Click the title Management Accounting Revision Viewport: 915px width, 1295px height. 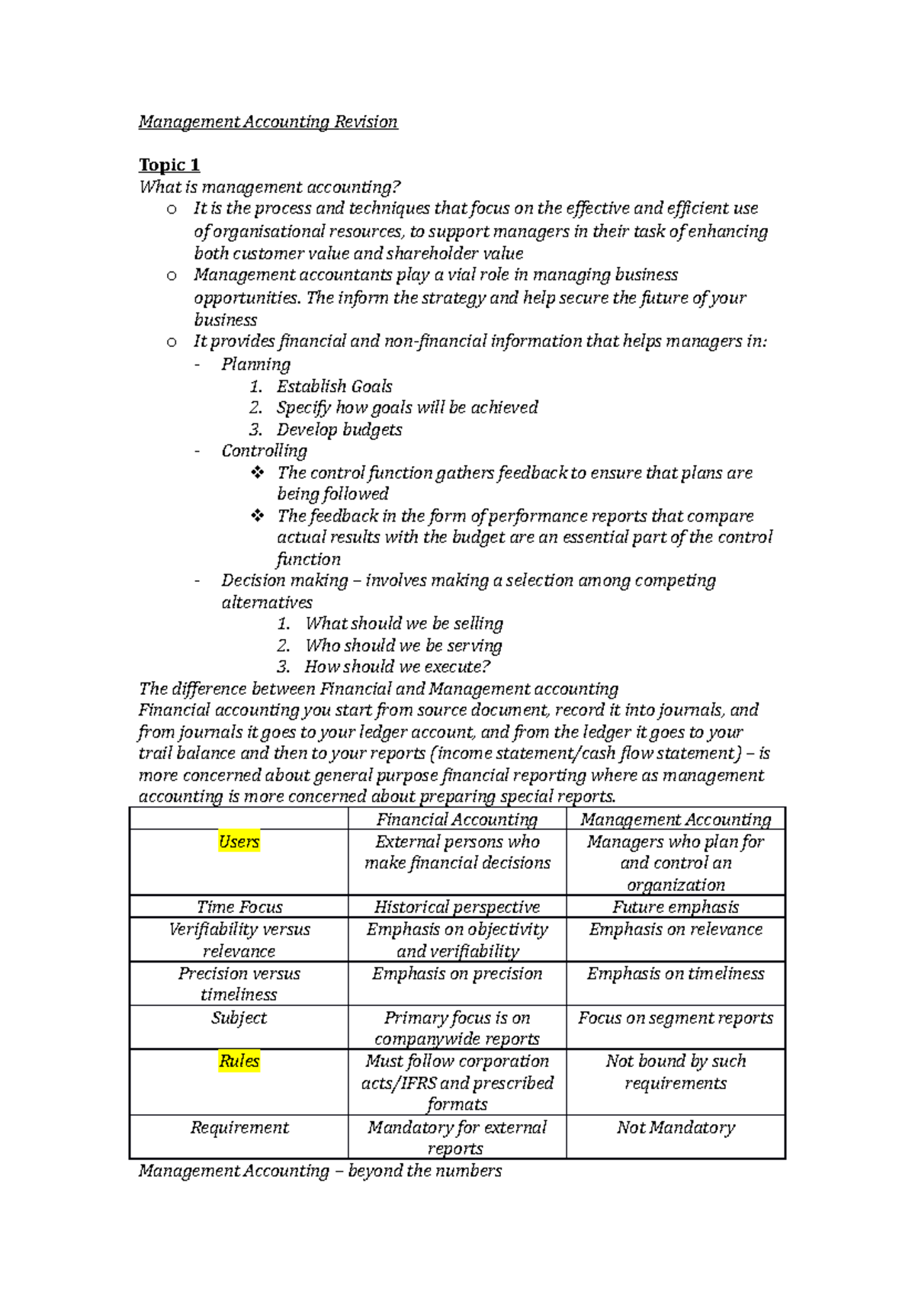(x=268, y=122)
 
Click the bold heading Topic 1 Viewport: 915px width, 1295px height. (x=169, y=165)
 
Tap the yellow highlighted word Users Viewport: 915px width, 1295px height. (x=239, y=841)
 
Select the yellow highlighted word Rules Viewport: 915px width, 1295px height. (x=239, y=1061)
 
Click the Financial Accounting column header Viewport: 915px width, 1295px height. (x=457, y=819)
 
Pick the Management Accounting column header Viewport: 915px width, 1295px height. (x=676, y=819)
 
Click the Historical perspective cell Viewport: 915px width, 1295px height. (x=457, y=907)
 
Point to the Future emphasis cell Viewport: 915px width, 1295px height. (x=676, y=907)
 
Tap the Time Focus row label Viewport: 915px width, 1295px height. (x=239, y=907)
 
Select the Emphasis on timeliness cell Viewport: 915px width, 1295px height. (x=676, y=974)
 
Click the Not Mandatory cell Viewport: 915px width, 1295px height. (x=676, y=1127)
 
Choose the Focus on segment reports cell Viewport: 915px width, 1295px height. (x=676, y=1018)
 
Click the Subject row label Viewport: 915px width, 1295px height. (x=239, y=1018)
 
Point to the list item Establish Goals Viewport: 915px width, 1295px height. (x=334, y=387)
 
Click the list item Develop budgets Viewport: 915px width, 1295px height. (x=339, y=429)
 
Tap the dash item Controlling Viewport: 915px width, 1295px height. (x=264, y=451)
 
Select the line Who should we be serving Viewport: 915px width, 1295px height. (x=403, y=646)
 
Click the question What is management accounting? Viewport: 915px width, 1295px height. (x=269, y=187)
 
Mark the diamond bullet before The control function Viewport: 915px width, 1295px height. (x=258, y=473)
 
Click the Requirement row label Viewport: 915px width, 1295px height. (x=239, y=1127)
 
